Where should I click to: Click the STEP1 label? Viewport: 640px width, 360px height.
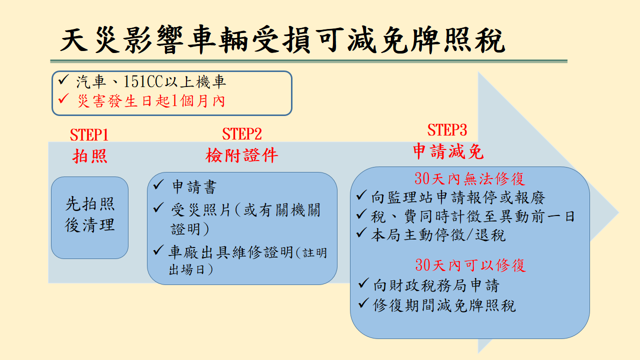89,134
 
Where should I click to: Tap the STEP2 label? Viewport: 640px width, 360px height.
241,133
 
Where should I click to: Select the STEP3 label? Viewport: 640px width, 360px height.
447,130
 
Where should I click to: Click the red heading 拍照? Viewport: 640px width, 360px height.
89,156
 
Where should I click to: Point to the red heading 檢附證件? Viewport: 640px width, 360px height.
241,155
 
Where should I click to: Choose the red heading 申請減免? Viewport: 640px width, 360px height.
448,151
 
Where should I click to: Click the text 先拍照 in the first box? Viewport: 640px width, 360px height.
90,204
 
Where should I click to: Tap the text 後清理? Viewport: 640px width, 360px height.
90,224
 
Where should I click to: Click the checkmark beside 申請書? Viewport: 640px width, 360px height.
158,184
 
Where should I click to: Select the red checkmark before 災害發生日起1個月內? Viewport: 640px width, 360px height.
63,98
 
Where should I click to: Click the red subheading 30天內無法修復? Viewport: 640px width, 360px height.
469,179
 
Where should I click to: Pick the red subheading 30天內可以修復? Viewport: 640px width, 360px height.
470,265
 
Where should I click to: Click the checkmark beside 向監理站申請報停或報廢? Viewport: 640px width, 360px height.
361,195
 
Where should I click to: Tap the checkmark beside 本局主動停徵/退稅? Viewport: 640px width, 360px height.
361,233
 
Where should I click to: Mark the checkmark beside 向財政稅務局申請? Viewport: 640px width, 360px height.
363,283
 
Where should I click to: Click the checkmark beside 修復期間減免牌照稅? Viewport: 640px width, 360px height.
363,303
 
